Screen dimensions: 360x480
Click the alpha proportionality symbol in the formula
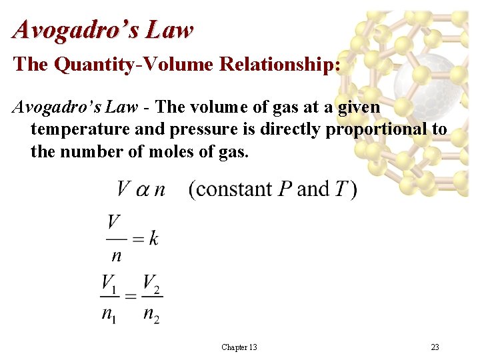pos(143,189)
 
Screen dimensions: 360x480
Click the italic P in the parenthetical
pos(285,189)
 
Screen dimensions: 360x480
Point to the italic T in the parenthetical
pos(340,189)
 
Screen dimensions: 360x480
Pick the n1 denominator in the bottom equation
pos(109,313)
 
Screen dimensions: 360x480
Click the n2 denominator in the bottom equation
pos(151,313)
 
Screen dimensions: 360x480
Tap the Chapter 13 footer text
pos(239,347)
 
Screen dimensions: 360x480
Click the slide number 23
pos(435,347)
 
